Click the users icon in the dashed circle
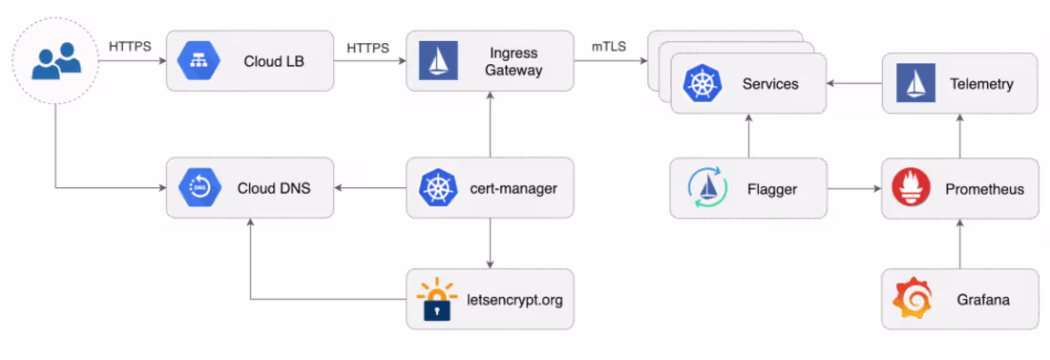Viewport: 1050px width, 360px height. click(53, 63)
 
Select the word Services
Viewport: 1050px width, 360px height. click(769, 84)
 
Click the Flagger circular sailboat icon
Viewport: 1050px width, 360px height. click(706, 188)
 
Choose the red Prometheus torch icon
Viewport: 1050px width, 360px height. click(911, 188)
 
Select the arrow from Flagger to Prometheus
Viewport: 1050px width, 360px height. click(852, 189)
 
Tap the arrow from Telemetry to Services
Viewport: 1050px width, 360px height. click(852, 85)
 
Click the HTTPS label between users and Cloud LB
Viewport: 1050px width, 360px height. click(131, 46)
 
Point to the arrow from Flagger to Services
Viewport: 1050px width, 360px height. click(748, 136)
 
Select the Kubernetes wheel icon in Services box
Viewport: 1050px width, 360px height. click(703, 84)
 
